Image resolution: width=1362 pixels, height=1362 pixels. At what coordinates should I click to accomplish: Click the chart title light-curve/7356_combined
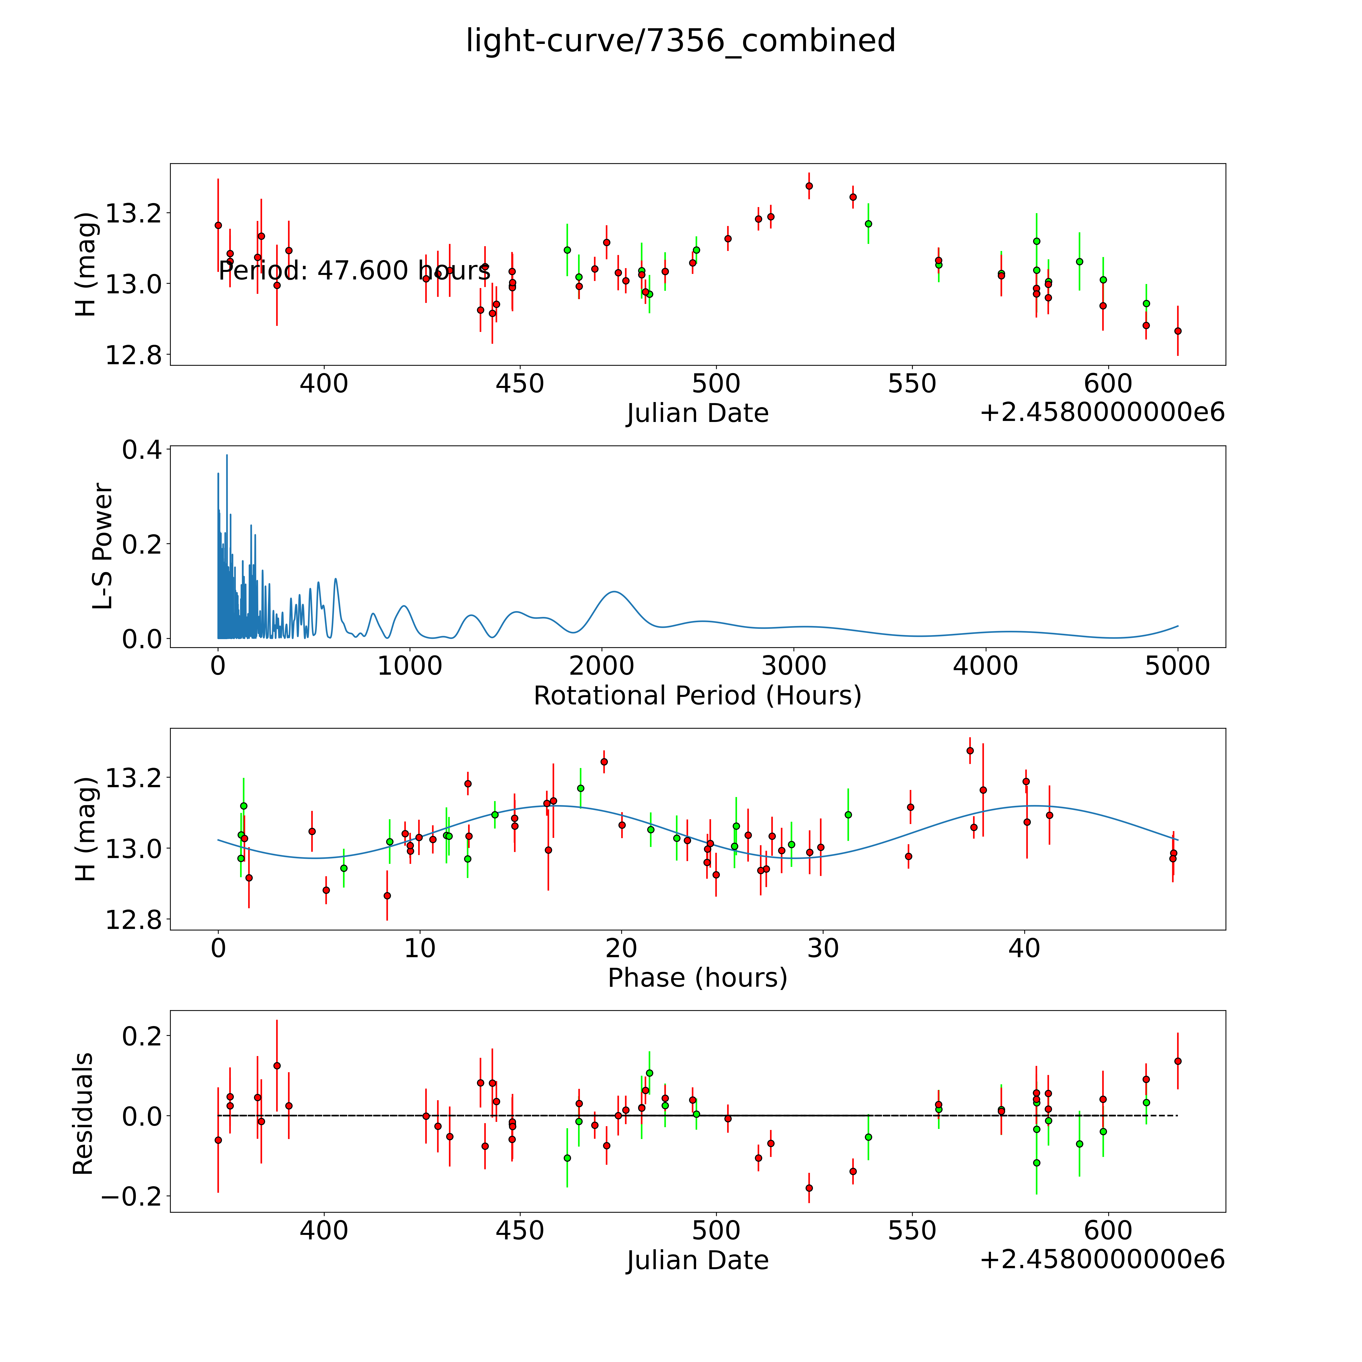click(680, 41)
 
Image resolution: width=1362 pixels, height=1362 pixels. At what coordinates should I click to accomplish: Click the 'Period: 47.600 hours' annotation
click(354, 271)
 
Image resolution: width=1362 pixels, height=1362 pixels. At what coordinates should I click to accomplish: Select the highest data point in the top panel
click(809, 186)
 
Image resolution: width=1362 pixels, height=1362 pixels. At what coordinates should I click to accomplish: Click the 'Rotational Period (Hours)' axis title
click(697, 696)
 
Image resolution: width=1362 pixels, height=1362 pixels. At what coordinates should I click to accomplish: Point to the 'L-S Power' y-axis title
click(103, 546)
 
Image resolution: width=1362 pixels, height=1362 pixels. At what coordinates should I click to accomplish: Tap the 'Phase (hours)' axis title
click(697, 978)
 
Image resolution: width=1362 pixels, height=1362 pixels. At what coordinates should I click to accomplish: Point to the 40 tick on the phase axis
click(1024, 948)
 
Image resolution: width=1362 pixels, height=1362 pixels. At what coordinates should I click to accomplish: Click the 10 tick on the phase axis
click(419, 948)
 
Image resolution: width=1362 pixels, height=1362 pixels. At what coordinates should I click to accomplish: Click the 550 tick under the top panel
click(912, 384)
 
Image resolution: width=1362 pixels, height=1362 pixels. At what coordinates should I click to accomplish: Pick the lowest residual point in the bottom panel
click(809, 1188)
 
